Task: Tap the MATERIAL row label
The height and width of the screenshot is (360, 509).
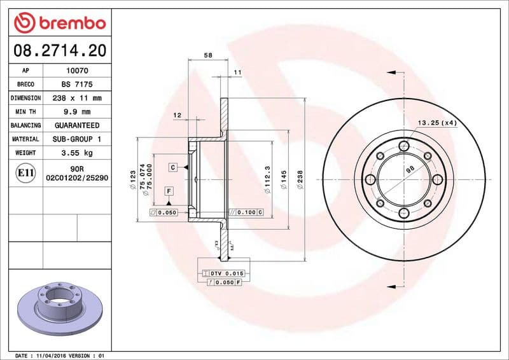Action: (x=26, y=139)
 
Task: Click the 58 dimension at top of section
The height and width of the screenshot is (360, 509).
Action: (x=208, y=56)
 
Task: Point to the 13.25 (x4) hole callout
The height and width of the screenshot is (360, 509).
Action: (x=438, y=122)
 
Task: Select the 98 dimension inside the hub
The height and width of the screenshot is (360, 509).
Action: (x=409, y=169)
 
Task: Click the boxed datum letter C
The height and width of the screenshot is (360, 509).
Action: (x=172, y=167)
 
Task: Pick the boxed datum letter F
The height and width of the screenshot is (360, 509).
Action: (x=169, y=191)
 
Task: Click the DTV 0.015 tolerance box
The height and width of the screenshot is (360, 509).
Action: (x=226, y=272)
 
